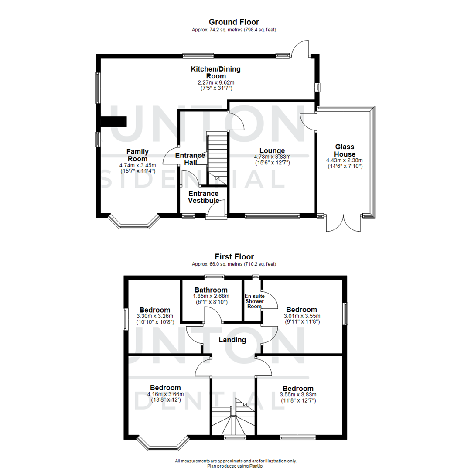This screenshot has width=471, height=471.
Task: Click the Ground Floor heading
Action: [x=234, y=22]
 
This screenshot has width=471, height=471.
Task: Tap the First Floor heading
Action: [x=234, y=257]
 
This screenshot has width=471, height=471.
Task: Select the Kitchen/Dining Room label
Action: [x=215, y=72]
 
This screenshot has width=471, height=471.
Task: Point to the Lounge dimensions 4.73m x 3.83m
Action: [x=273, y=157]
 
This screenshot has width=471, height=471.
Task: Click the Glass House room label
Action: [x=345, y=150]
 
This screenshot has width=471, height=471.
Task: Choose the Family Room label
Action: [x=137, y=155]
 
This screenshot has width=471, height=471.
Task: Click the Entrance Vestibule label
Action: [x=204, y=197]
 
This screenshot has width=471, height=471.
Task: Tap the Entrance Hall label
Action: [x=190, y=159]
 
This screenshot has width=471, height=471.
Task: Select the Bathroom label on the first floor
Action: [x=211, y=290]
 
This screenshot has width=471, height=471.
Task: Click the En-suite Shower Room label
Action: [x=255, y=301]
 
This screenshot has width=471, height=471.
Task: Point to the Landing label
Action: [x=233, y=340]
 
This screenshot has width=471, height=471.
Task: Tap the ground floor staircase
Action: [x=217, y=157]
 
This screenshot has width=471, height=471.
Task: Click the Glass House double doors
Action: [x=344, y=223]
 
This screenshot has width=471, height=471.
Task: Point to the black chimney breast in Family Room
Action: [x=113, y=122]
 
